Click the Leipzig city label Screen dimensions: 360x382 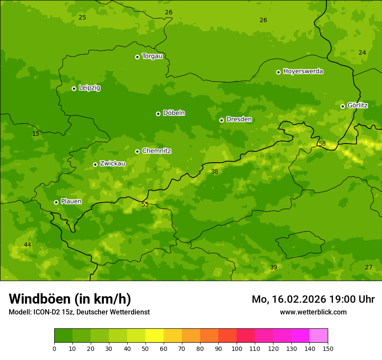click(89, 88)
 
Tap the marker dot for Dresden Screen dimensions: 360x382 click(221, 120)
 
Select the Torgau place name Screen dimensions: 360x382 click(152, 56)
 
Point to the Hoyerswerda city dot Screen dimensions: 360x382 click(278, 72)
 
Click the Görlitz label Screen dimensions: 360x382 click(357, 105)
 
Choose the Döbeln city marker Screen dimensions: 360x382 click(158, 114)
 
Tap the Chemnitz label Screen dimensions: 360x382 click(156, 151)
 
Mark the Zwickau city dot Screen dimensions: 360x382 click(95, 164)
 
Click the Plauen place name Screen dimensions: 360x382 click(71, 202)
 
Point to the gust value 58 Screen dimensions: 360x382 click(322, 144)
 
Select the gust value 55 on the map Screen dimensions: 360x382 click(145, 204)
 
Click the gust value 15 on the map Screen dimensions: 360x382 click(36, 134)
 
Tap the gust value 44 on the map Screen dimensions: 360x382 click(27, 245)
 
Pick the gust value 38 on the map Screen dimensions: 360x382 click(214, 172)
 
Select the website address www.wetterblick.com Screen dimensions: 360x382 click(313, 312)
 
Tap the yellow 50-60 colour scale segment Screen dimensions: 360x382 click(155, 336)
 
